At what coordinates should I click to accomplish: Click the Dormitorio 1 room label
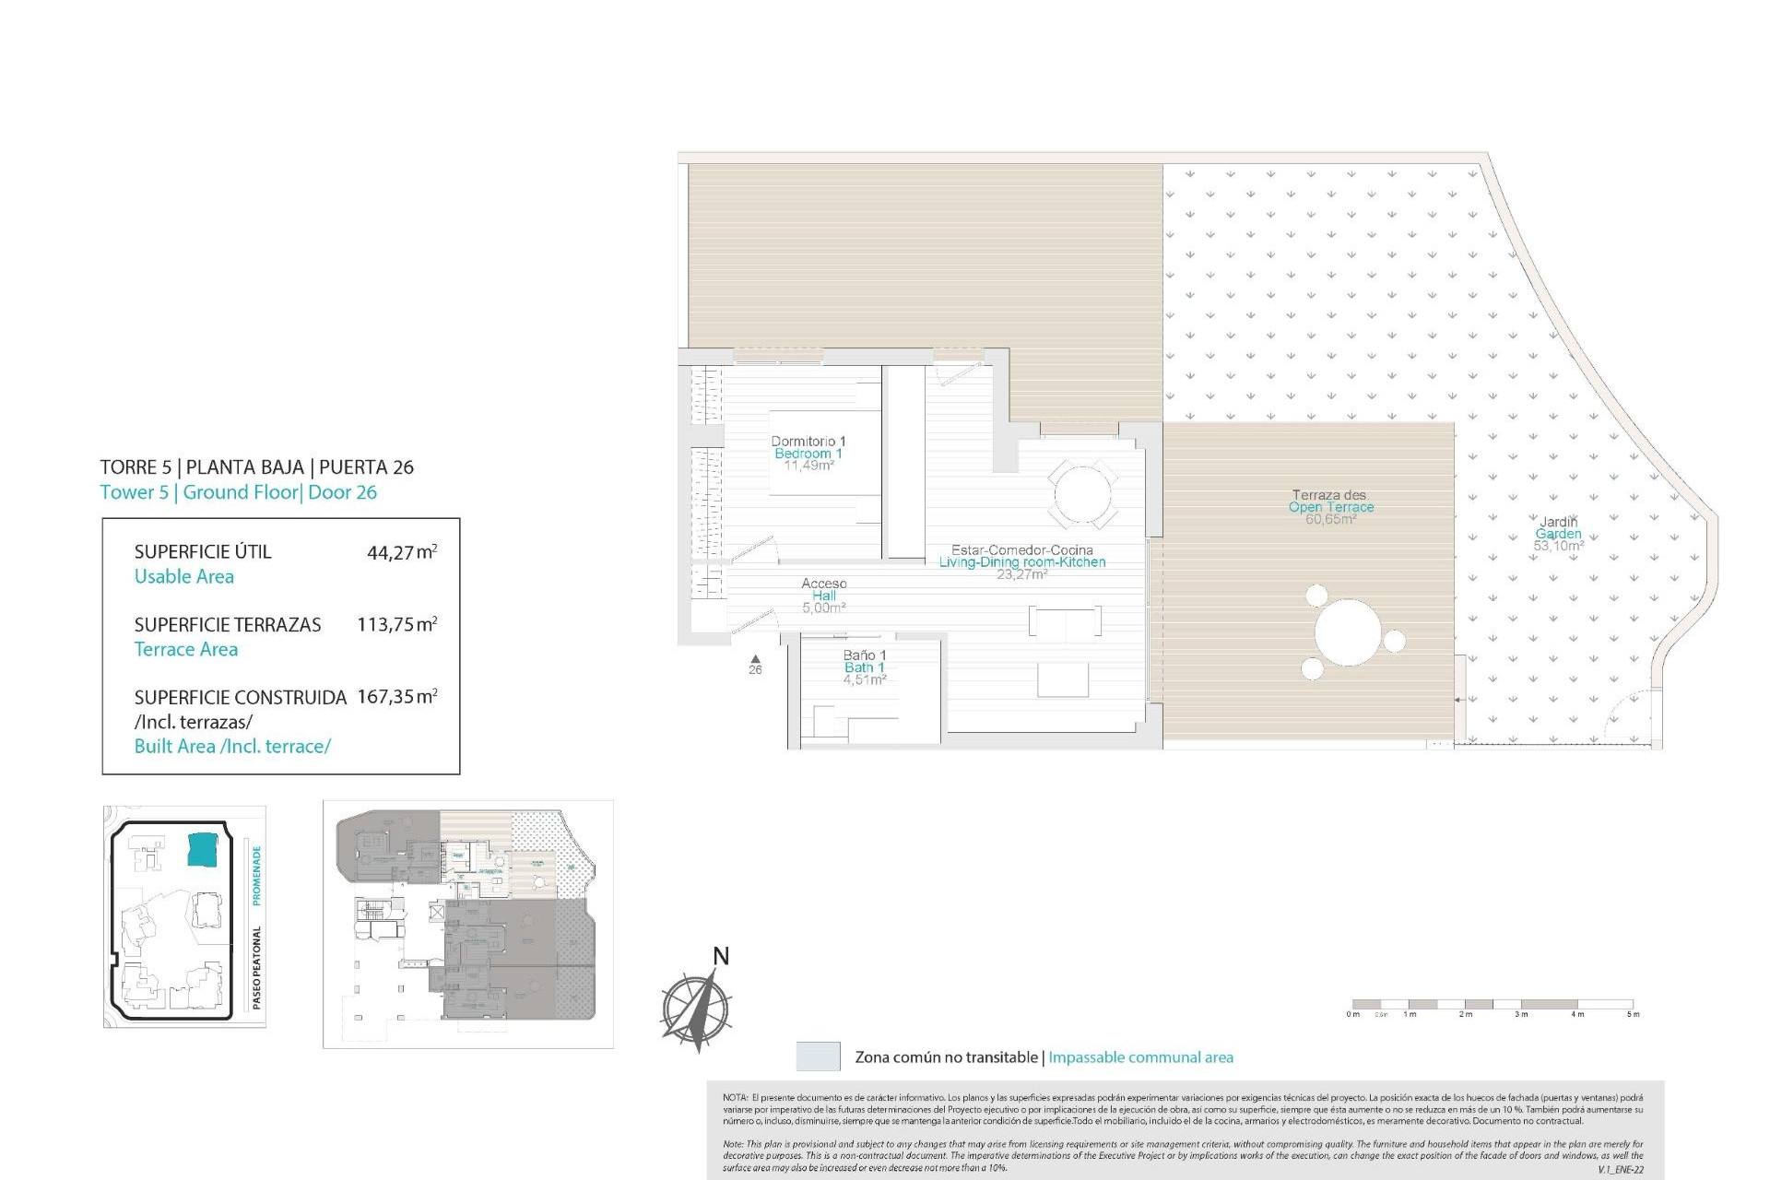[x=808, y=442]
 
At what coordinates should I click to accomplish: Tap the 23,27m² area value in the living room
[x=1021, y=574]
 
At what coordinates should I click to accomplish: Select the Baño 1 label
[x=864, y=655]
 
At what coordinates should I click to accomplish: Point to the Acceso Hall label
[x=823, y=589]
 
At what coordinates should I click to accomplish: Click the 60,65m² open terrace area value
[x=1330, y=520]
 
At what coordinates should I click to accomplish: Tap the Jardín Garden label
[x=1558, y=527]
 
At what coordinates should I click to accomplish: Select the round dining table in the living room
[x=1082, y=495]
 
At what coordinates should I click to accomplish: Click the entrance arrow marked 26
[x=755, y=658]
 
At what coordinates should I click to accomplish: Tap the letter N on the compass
[x=721, y=956]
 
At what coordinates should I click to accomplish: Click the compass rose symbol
[x=696, y=1007]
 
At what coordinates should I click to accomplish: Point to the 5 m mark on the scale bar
[x=1633, y=1014]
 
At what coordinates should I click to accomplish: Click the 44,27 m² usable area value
[x=401, y=552]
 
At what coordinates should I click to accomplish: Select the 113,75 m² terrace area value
[x=396, y=624]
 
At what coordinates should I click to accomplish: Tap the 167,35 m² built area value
[x=396, y=697]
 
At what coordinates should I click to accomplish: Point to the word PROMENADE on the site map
[x=257, y=875]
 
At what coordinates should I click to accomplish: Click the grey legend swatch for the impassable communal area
[x=818, y=1056]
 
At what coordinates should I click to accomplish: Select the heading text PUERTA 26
[x=366, y=467]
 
